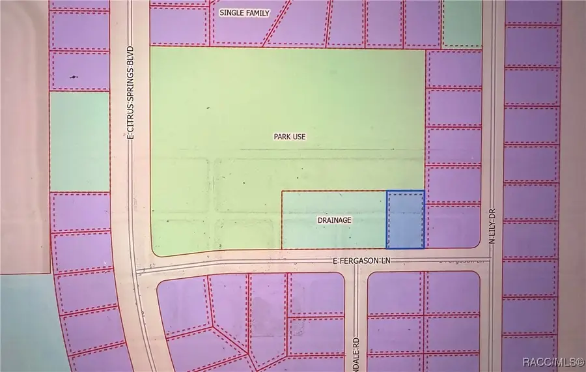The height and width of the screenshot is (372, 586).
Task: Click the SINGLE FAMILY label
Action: (x=244, y=13)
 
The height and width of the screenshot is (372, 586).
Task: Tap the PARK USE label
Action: (x=290, y=137)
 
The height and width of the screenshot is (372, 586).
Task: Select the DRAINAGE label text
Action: (x=335, y=220)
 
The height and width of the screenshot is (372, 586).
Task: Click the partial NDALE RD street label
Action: (x=357, y=352)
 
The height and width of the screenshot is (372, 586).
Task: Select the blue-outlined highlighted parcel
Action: (x=405, y=220)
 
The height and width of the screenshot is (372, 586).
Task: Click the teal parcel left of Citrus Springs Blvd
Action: (x=79, y=142)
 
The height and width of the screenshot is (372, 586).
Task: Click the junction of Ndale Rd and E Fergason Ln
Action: (x=356, y=263)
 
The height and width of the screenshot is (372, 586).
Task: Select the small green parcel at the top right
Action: (x=462, y=23)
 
